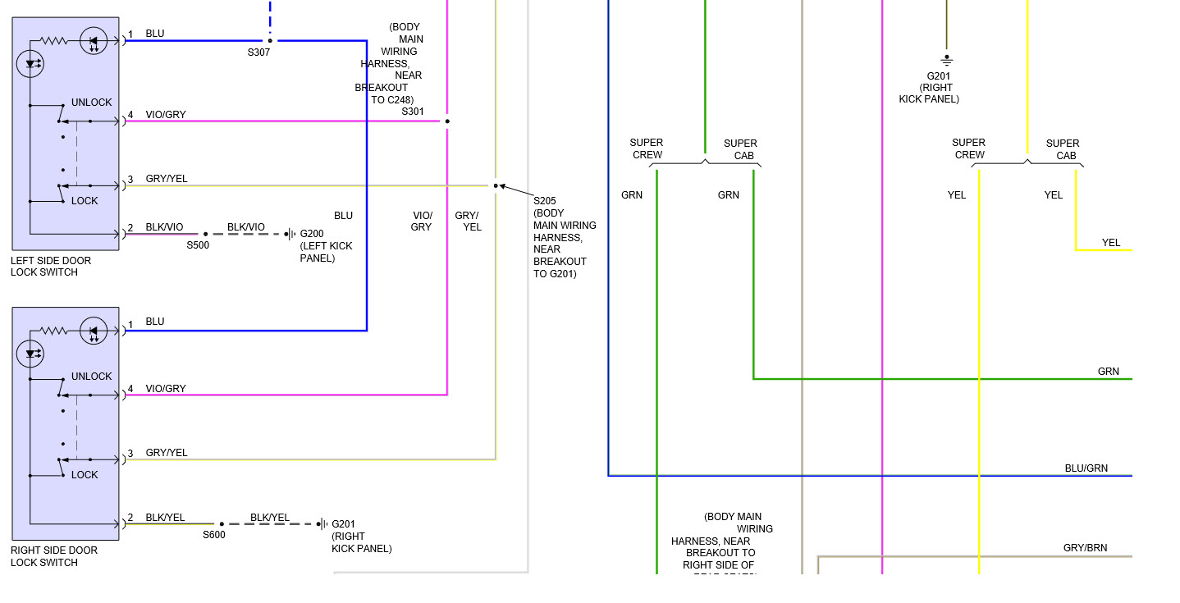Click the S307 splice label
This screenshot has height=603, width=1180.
click(x=258, y=53)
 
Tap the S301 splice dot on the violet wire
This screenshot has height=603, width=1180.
click(x=447, y=121)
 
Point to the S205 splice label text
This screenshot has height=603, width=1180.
click(x=545, y=201)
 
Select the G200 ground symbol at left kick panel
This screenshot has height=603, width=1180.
click(x=290, y=234)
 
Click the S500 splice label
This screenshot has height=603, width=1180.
click(x=198, y=244)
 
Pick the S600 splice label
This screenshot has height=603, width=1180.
click(x=214, y=535)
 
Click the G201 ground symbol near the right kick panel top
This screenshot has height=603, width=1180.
click(x=946, y=60)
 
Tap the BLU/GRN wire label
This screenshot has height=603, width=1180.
click(x=1086, y=468)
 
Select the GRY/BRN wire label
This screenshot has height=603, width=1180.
click(x=1085, y=548)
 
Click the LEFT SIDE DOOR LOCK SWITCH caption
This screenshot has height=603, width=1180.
click(x=51, y=267)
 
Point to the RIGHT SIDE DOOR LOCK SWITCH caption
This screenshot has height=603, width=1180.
click(x=54, y=556)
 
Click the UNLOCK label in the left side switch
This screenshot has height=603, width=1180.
click(x=91, y=103)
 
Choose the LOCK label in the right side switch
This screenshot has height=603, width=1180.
click(x=85, y=475)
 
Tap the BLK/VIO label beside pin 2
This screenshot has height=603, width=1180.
click(x=164, y=227)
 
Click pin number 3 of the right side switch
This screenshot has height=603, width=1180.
click(x=130, y=455)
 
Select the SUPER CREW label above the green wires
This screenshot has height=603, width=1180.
click(x=647, y=148)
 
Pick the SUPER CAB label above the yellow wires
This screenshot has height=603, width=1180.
click(x=1063, y=149)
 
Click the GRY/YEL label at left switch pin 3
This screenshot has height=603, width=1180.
click(x=167, y=179)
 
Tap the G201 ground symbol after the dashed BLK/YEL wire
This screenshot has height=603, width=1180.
click(x=323, y=524)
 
